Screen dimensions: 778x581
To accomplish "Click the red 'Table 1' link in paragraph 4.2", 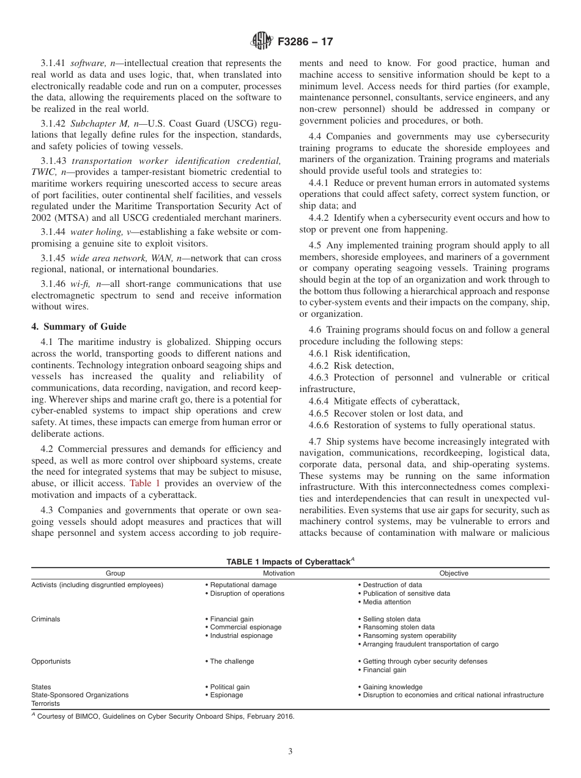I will [144, 483].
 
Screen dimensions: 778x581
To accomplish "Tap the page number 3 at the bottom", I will [290, 752].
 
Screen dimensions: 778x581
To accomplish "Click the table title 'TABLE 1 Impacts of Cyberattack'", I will [290, 561].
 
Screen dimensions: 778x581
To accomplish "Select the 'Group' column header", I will [115, 573].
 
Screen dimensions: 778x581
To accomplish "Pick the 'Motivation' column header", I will [278, 573].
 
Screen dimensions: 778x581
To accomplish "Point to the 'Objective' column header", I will [454, 573].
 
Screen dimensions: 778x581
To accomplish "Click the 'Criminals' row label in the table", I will [46, 619].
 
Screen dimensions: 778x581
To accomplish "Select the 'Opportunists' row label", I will [51, 661].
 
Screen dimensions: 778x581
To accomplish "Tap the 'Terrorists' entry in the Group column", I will [46, 703].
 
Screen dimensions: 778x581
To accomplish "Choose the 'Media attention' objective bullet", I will [389, 602].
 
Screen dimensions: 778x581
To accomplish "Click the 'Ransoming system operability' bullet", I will [409, 635].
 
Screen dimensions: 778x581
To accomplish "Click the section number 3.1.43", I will [54, 161].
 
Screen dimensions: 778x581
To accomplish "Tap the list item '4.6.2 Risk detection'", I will [351, 366].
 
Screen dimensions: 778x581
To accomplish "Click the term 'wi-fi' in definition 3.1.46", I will [80, 284].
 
